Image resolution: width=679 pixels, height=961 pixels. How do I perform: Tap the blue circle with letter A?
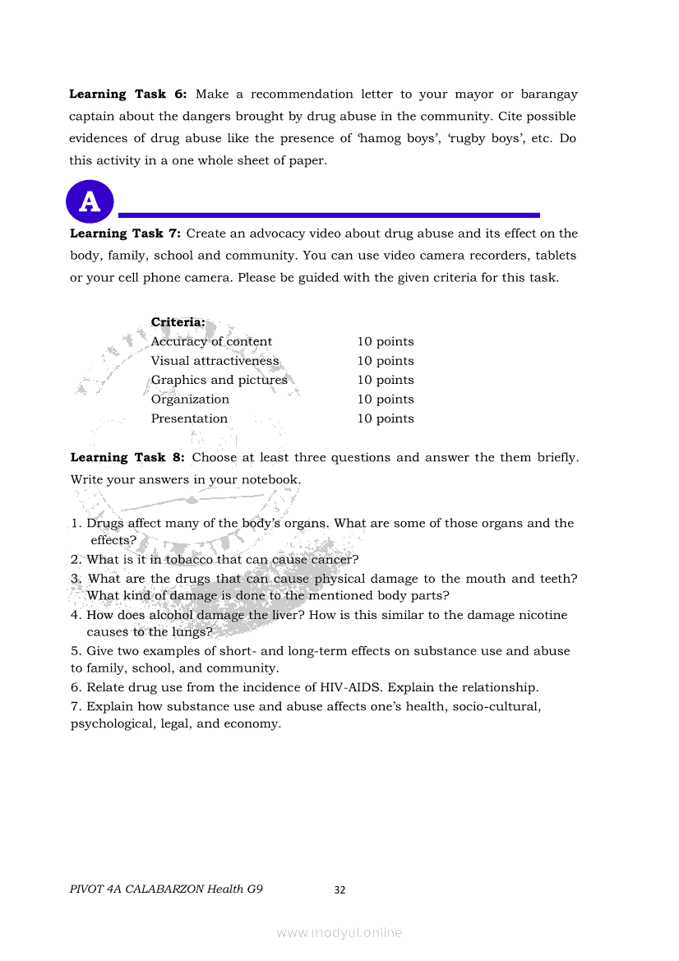click(89, 201)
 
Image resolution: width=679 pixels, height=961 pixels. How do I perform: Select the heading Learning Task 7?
click(131, 233)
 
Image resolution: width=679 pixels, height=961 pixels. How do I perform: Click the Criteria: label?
click(178, 322)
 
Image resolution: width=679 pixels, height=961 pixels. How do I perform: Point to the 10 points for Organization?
click(385, 400)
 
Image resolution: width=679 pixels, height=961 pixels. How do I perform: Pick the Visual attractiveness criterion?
click(215, 361)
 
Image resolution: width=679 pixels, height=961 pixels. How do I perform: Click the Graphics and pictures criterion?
click(219, 380)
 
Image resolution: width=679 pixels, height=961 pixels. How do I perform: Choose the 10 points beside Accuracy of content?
click(385, 342)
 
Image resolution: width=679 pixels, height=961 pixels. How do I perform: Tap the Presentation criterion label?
click(189, 418)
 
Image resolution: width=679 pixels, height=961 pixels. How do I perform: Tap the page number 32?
click(339, 889)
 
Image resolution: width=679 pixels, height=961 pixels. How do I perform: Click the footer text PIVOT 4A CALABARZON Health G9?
click(167, 889)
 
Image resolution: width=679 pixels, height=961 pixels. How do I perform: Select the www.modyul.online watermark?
click(339, 932)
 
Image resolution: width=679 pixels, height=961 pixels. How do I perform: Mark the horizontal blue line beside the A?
click(329, 215)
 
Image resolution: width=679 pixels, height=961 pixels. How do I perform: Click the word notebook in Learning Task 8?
click(272, 479)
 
